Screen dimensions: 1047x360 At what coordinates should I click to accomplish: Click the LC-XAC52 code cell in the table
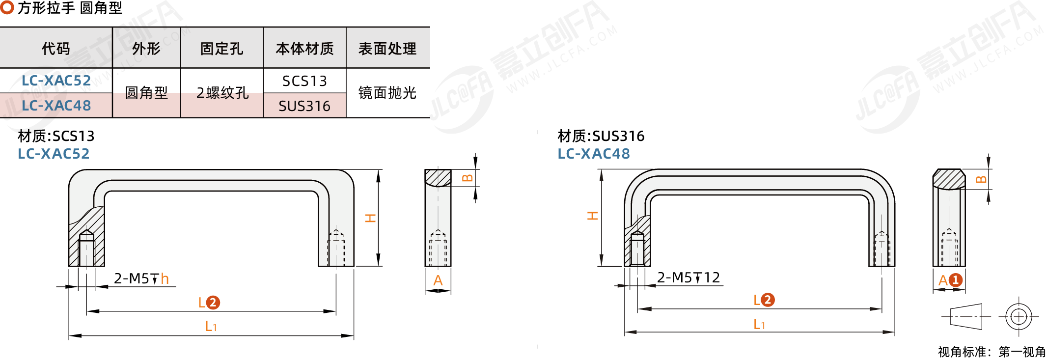click(56, 81)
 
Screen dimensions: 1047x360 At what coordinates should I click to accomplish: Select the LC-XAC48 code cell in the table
click(56, 106)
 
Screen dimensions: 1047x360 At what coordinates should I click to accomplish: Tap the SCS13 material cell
click(304, 81)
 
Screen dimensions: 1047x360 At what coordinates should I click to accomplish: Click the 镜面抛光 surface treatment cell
click(387, 93)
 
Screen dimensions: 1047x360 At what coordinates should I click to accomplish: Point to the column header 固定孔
click(221, 49)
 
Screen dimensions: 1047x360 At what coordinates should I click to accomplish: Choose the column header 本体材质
click(304, 49)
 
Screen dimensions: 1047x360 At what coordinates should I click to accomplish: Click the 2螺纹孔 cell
click(222, 93)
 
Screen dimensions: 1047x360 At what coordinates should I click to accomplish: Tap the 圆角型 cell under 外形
click(146, 93)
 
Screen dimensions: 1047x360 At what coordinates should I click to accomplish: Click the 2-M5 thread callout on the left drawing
click(141, 279)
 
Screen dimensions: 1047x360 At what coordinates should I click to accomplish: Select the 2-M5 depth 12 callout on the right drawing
click(689, 277)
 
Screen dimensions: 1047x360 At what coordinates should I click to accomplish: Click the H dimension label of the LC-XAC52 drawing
click(370, 218)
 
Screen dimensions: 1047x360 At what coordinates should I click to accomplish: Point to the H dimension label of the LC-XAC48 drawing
click(593, 216)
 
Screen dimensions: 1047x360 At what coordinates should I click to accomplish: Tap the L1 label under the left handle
click(211, 326)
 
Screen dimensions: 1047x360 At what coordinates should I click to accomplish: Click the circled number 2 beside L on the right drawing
click(768, 300)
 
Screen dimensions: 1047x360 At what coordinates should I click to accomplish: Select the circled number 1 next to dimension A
click(955, 280)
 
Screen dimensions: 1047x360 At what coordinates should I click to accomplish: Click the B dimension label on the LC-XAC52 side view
click(468, 178)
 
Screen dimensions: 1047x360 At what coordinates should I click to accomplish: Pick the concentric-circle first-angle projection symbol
click(1019, 316)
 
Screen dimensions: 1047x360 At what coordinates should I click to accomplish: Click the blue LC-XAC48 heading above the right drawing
click(594, 154)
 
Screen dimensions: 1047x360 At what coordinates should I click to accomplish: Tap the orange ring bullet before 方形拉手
click(7, 7)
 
